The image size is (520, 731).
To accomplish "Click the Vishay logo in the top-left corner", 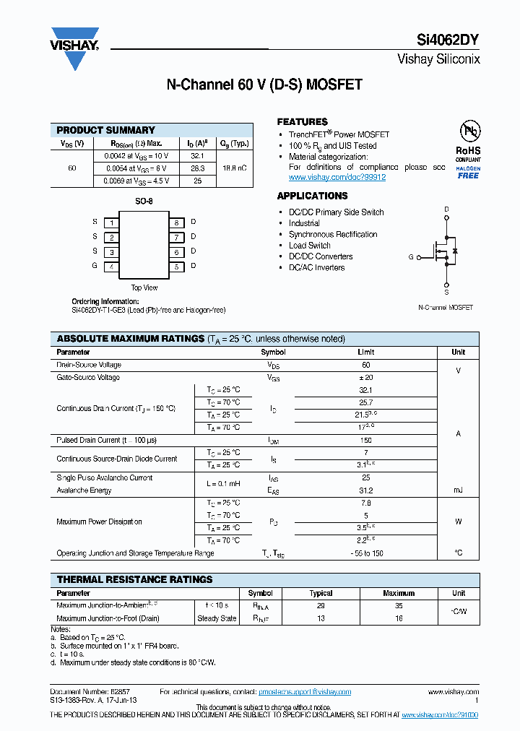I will [74, 47].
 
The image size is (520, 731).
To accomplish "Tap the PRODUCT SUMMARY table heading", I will [106, 130].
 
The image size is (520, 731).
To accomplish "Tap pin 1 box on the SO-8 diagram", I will [111, 222].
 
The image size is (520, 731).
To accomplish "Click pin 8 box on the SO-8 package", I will [176, 222].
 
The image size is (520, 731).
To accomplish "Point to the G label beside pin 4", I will [95, 266].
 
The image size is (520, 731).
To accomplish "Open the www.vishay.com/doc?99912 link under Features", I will [337, 177].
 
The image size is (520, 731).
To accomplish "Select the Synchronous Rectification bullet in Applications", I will [333, 234].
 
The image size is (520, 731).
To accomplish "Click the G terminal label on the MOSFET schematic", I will [411, 256].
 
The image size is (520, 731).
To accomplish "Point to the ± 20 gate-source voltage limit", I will [365, 378].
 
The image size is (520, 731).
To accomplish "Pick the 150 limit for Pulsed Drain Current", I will [365, 440].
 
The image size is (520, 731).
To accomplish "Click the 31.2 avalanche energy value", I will [365, 490].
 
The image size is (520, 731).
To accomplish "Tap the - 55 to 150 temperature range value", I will [365, 553].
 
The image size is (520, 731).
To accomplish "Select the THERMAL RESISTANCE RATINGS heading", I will [135, 579].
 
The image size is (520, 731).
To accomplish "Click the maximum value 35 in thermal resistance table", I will [399, 606].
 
